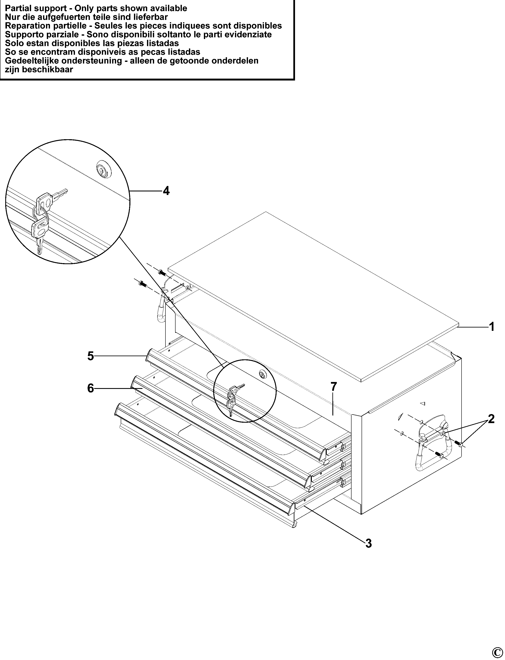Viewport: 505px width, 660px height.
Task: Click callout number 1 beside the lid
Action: tap(492, 327)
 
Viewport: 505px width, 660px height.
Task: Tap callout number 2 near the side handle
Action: tap(491, 419)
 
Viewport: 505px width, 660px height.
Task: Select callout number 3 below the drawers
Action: tap(369, 543)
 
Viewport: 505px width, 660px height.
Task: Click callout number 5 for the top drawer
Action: tap(91, 356)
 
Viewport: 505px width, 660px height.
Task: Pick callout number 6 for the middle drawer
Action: tap(91, 388)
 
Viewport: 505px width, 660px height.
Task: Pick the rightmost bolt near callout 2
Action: tap(460, 444)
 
